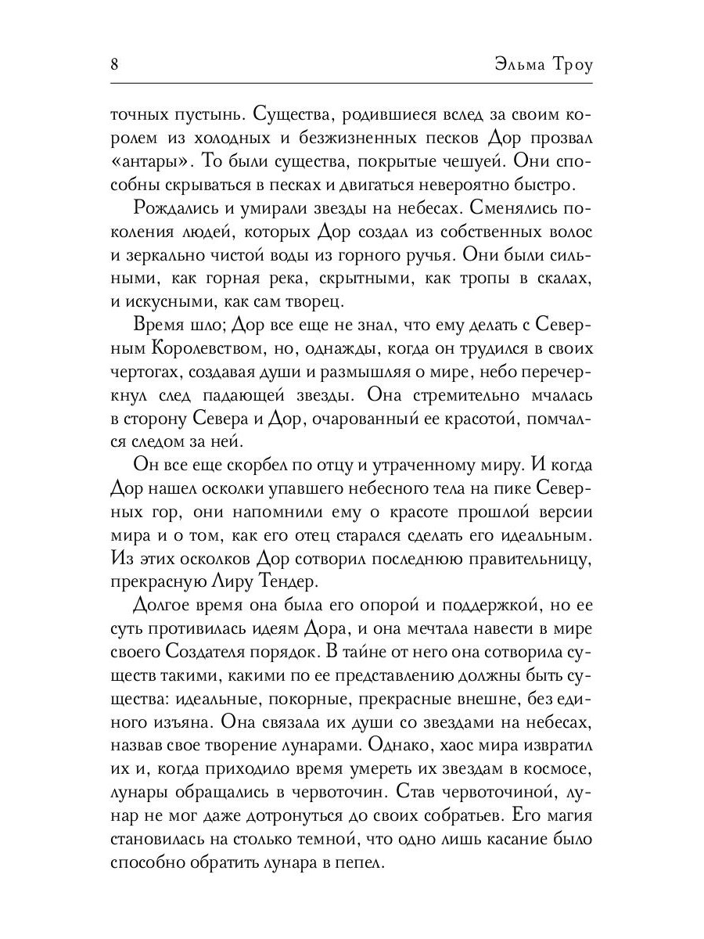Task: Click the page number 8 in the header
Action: coord(114,64)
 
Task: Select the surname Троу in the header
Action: coord(567,64)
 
